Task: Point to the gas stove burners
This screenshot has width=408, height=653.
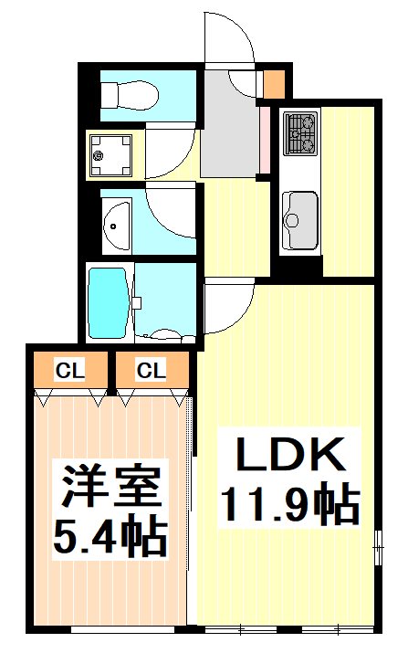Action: tap(300, 133)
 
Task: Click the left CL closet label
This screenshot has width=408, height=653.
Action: tap(66, 370)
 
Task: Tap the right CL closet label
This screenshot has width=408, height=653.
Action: tap(151, 370)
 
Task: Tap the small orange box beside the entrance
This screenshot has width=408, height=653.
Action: tap(274, 84)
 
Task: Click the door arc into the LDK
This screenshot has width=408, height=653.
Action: tap(229, 309)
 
